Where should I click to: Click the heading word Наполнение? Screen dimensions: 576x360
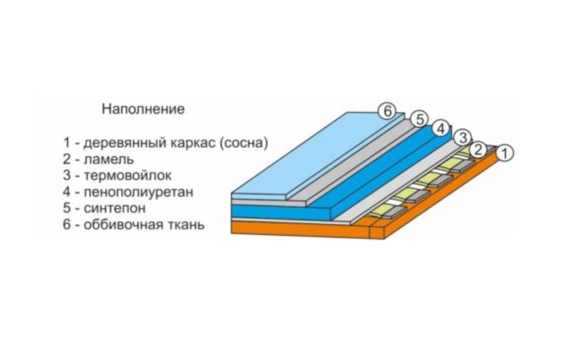pyautogui.click(x=143, y=109)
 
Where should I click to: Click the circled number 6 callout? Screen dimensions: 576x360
pyautogui.click(x=387, y=111)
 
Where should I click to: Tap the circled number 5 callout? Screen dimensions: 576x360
pyautogui.click(x=419, y=119)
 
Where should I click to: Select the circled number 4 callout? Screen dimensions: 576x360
pyautogui.click(x=441, y=128)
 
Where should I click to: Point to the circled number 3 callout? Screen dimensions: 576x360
pyautogui.click(x=463, y=138)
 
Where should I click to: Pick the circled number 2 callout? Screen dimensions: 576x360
pyautogui.click(x=478, y=149)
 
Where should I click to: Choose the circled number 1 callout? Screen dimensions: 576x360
pyautogui.click(x=505, y=153)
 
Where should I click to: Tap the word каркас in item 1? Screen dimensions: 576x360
pyautogui.click(x=193, y=143)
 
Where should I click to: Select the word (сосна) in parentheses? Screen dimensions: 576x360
pyautogui.click(x=243, y=143)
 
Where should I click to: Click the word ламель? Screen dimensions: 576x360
pyautogui.click(x=109, y=160)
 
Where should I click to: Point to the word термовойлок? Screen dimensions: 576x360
pyautogui.click(x=128, y=175)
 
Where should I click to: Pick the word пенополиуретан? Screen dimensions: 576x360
pyautogui.click(x=139, y=192)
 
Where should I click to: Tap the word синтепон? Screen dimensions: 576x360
pyautogui.click(x=115, y=208)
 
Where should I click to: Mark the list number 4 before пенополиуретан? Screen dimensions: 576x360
pyautogui.click(x=67, y=192)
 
